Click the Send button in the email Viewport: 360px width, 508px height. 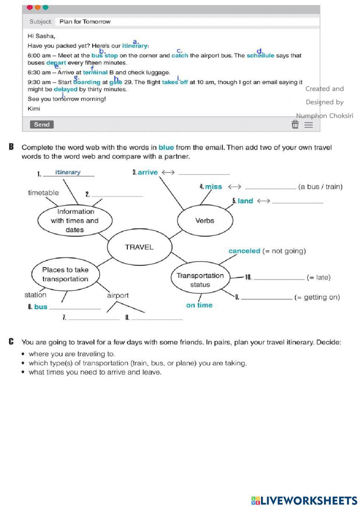tap(42, 124)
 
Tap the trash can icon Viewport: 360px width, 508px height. tap(295, 124)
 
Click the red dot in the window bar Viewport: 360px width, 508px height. tap(30, 8)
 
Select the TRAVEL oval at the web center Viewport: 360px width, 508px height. tap(139, 247)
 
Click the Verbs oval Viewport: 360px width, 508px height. tap(205, 220)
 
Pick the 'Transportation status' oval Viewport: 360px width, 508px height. tap(200, 280)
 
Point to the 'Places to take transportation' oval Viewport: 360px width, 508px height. tap(65, 274)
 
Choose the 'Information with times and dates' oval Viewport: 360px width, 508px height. tap(75, 220)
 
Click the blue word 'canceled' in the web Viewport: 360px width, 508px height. tap(244, 251)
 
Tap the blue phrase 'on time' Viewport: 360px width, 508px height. tap(199, 305)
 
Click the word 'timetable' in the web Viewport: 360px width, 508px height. tap(43, 193)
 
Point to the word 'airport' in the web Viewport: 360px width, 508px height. tap(118, 295)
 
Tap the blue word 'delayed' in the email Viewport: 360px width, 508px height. tap(66, 89)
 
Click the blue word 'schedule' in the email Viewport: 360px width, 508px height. tap(260, 55)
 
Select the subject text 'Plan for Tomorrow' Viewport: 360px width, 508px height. tap(85, 22)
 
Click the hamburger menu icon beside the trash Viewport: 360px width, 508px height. tap(309, 125)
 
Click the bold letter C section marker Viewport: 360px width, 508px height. tap(12, 342)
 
